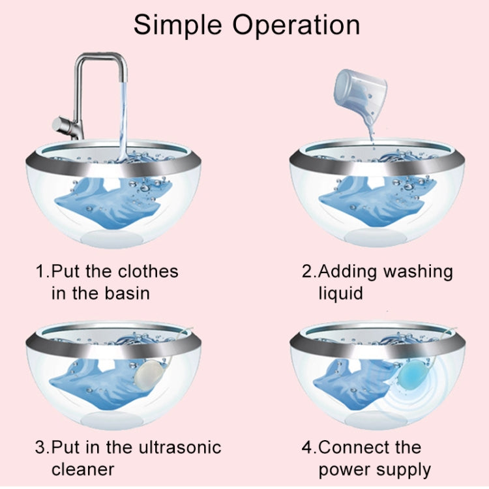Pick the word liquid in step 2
pos(340,293)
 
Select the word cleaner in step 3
pos(83,469)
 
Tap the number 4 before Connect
pos(306,447)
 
